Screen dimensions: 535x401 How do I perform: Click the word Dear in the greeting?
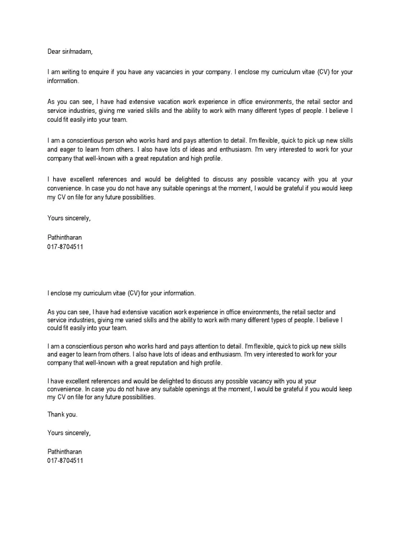(55, 52)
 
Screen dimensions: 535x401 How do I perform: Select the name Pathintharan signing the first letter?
(65, 237)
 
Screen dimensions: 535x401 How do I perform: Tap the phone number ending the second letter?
(65, 461)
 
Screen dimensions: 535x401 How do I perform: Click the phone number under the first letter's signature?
(65, 246)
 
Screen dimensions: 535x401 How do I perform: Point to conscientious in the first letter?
(87, 141)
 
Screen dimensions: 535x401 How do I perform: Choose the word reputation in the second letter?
(181, 363)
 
